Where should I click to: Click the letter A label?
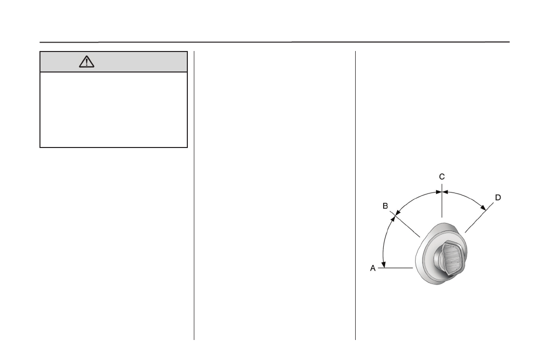[373, 268]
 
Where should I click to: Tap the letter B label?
[385, 206]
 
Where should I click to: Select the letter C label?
[442, 176]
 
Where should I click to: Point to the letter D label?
[498, 197]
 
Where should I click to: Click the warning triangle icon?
[86, 62]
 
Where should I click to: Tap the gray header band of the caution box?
[113, 62]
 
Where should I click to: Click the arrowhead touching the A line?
[384, 264]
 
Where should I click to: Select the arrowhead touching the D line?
[483, 207]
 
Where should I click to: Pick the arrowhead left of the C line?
[438, 192]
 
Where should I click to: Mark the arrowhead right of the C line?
[446, 192]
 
